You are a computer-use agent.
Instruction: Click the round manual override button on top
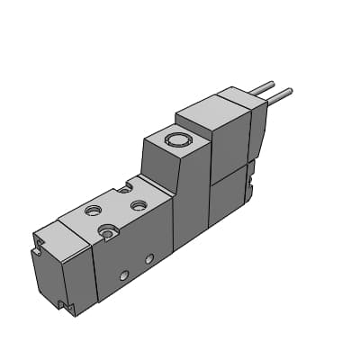[x=176, y=140]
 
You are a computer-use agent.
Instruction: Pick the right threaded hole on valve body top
[x=139, y=205]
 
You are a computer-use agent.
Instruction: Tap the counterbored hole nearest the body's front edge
[x=109, y=233]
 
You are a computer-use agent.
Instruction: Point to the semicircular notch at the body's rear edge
[x=125, y=188]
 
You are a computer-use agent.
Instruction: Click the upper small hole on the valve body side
[x=149, y=258]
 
